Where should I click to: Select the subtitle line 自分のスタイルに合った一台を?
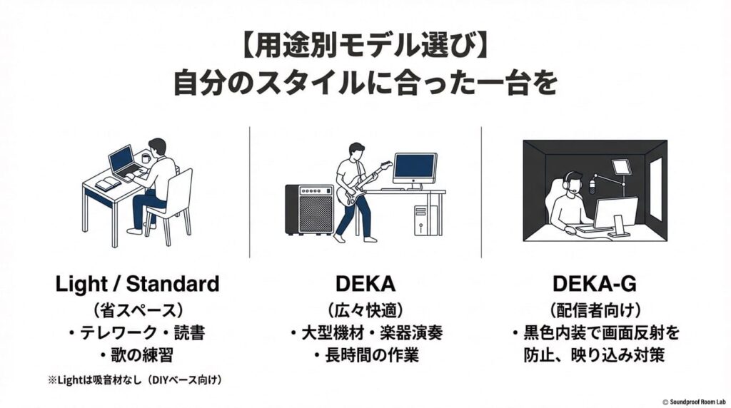[365, 84]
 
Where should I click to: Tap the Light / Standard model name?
[137, 284]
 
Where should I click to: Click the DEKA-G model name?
[595, 284]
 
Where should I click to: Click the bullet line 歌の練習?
[137, 355]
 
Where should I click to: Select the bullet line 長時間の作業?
[365, 355]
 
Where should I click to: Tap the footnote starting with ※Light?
[135, 380]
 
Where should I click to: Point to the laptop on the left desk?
[123, 162]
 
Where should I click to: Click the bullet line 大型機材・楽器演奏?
[365, 332]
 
